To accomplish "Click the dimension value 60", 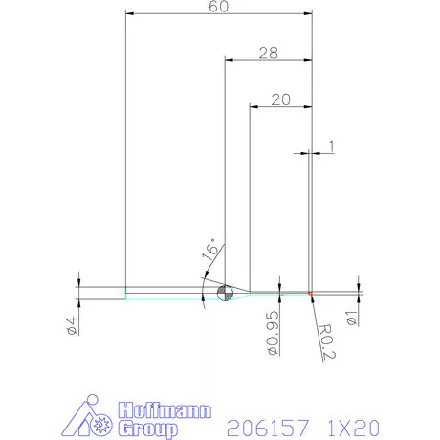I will (219, 7).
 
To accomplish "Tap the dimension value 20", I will (280, 99).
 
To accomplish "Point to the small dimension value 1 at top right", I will (330, 145).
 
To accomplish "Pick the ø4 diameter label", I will (72, 324).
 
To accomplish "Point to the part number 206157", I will (265, 426).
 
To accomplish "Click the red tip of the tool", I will (312, 293).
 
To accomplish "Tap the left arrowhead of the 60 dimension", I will (131, 14).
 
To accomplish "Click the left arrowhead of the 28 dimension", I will (230, 60).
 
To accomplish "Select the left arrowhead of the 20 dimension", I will (253, 106).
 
